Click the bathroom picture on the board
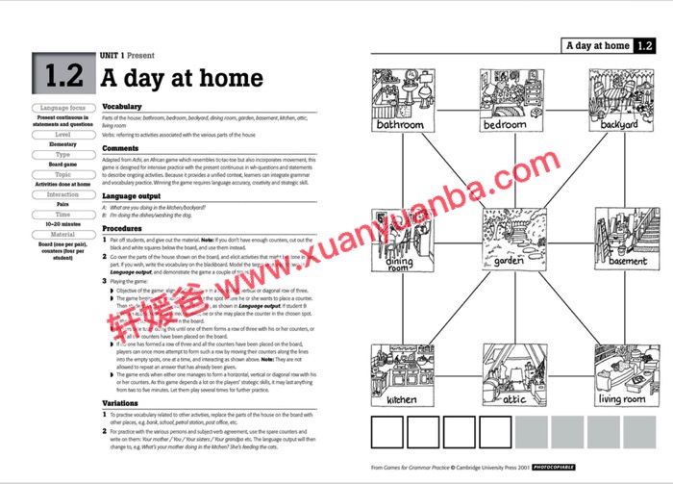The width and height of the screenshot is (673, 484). tap(400, 100)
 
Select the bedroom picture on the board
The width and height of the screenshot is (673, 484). tap(506, 100)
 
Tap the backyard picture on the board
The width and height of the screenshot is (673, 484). tap(619, 100)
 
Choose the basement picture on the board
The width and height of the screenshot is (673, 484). tap(626, 237)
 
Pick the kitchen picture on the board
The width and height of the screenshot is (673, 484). tap(402, 375)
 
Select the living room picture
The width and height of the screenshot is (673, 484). tap(623, 375)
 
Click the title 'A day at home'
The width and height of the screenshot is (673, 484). tap(183, 77)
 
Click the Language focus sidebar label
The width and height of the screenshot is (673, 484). tap(63, 108)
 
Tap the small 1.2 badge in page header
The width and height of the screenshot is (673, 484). tap(645, 45)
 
